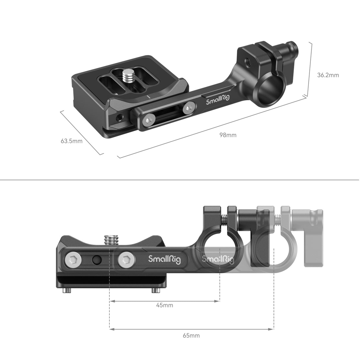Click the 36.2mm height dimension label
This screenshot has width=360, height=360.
pos(328,75)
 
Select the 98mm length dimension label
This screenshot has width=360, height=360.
pos(228,135)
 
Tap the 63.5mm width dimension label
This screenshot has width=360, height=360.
pos(71,141)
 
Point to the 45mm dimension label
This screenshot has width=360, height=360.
pos(165,305)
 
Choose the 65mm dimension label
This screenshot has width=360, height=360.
pos(191,335)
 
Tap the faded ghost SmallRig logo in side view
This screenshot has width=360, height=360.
pos(218,259)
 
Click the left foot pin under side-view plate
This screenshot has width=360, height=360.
pos(67,291)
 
